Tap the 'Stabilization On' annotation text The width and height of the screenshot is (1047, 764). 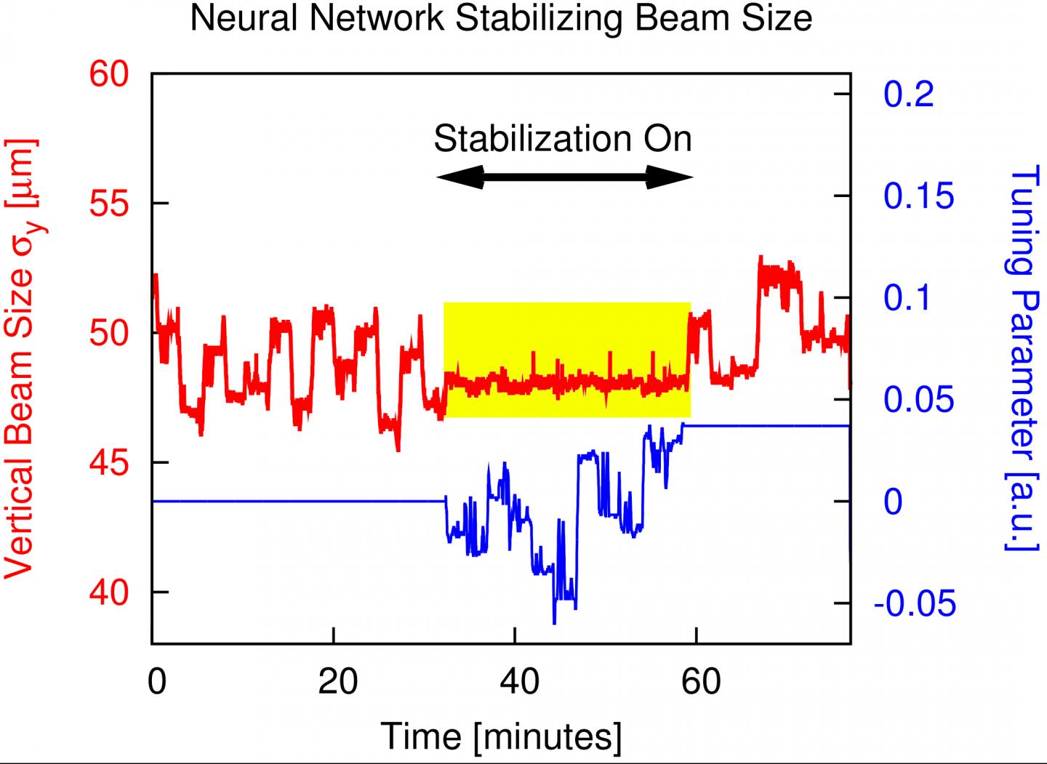[563, 138]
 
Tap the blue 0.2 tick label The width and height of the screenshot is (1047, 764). [908, 95]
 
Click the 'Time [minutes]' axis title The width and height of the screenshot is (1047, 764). [501, 736]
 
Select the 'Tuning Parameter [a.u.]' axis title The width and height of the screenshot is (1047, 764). [1022, 358]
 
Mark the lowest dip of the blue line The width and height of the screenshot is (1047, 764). [554, 622]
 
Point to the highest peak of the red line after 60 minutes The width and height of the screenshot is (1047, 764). [760, 257]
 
